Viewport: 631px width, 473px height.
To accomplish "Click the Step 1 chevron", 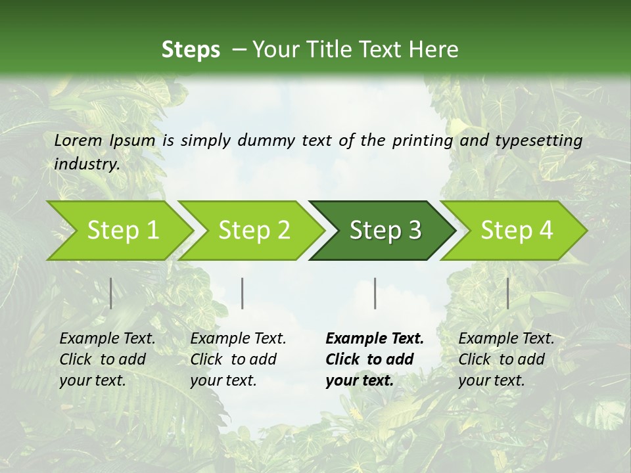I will click(x=118, y=231).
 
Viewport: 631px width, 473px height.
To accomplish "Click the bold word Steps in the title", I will click(x=191, y=50).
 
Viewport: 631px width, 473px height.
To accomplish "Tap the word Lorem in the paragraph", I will click(x=78, y=140).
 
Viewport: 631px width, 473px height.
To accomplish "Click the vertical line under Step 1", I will click(x=111, y=293).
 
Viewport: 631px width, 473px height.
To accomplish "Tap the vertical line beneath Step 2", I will click(x=243, y=293).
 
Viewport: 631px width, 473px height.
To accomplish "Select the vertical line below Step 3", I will click(x=375, y=293).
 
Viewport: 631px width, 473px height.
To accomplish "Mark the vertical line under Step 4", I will click(x=507, y=293).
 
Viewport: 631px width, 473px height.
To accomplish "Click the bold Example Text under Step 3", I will click(x=375, y=339).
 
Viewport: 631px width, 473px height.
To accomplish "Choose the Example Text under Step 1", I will click(x=107, y=339).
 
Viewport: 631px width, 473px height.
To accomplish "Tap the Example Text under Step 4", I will click(x=506, y=339).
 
